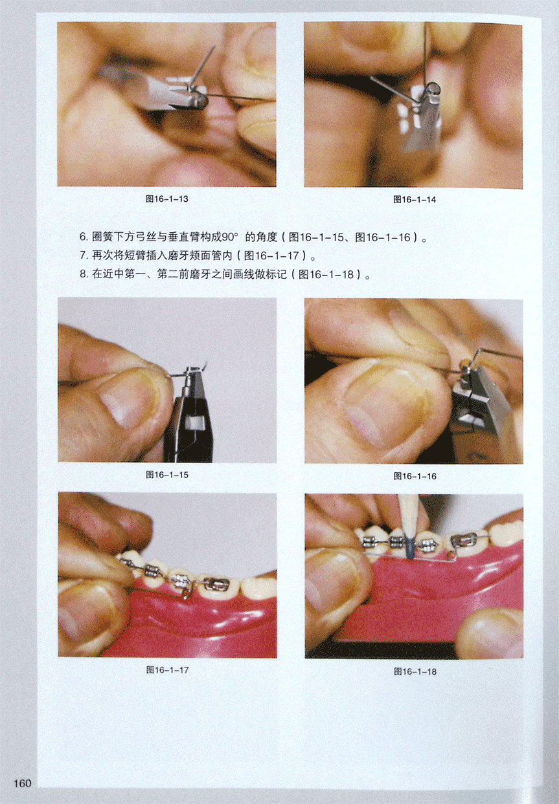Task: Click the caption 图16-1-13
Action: [x=167, y=199]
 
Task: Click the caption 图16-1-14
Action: [x=415, y=200]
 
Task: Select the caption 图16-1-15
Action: [x=167, y=475]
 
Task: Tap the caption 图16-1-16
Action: [x=415, y=476]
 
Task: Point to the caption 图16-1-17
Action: [x=168, y=669]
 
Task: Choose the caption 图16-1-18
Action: [x=415, y=671]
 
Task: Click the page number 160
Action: [x=22, y=783]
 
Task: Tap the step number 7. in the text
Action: [x=84, y=255]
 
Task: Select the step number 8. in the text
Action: [x=84, y=275]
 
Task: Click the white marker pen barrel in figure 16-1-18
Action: [x=407, y=514]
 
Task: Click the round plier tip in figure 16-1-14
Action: [x=431, y=88]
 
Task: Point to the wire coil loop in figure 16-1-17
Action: [x=185, y=594]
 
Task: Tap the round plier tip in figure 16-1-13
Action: [x=200, y=100]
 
